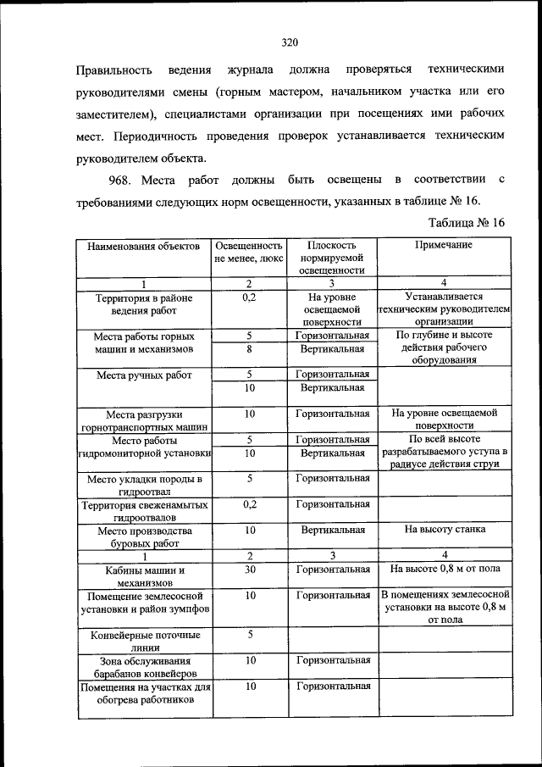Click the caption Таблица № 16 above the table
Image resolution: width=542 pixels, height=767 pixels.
click(x=466, y=223)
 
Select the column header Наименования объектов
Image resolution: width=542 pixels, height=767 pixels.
click(x=142, y=246)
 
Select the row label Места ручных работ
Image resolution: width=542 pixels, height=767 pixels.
click(x=143, y=375)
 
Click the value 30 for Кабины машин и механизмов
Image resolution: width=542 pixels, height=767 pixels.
click(x=250, y=570)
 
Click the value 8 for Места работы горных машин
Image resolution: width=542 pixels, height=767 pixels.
click(x=250, y=348)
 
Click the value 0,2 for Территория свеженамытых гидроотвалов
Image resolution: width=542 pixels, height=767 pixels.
click(x=250, y=504)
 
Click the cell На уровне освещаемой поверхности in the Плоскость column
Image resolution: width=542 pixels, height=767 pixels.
click(x=333, y=310)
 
